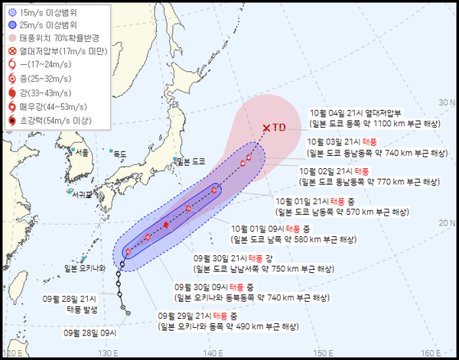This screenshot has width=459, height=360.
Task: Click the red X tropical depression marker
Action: click(266, 128)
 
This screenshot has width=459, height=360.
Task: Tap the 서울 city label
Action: click(81, 153)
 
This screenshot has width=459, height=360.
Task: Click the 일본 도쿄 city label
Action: click(191, 161)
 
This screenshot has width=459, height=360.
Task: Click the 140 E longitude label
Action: click(216, 353)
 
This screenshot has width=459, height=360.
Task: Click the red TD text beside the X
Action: click(279, 128)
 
